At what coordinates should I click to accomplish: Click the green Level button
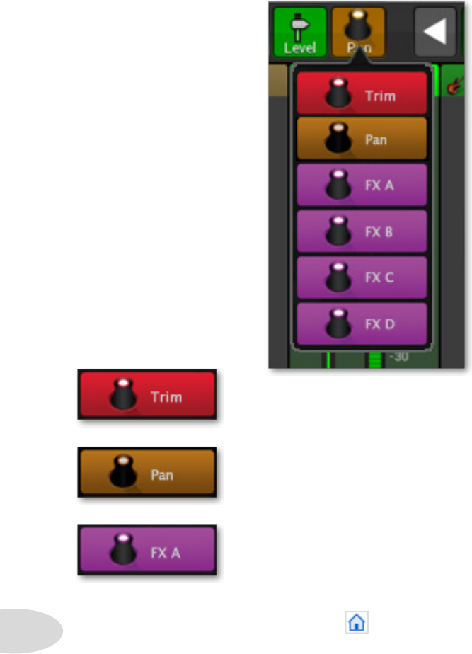pos(300,33)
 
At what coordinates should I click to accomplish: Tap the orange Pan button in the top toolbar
pos(358,33)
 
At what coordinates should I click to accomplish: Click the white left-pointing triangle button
pos(434,32)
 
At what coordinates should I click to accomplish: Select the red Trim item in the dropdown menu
pos(362,93)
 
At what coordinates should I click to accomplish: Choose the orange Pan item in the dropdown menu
pos(362,139)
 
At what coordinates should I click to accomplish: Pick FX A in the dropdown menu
pos(362,185)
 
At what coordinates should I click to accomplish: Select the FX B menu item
pos(362,231)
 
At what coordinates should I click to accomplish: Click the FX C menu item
pos(362,277)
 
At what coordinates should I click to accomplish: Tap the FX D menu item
pos(362,323)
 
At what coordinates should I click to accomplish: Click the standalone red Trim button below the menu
pos(146,396)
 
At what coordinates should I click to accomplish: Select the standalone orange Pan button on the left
pos(146,473)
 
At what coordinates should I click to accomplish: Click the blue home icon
pos(357,623)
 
